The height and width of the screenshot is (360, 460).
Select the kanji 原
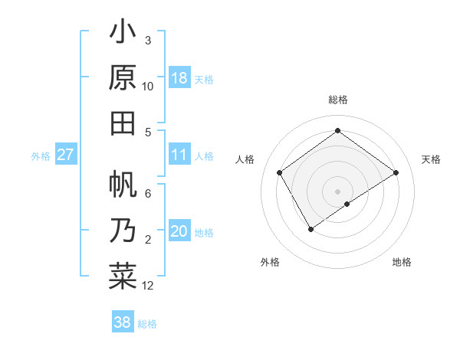pos(123,77)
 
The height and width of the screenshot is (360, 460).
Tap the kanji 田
pos(123,123)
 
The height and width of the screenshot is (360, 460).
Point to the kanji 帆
pos(123,185)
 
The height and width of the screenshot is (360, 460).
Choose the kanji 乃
pos(123,230)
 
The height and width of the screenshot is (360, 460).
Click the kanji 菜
pos(123,275)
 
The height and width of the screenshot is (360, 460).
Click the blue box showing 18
pos(179,78)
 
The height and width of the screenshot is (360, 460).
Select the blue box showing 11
pos(179,155)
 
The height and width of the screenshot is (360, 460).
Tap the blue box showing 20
pos(179,232)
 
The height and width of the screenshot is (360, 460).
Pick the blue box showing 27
pos(66,155)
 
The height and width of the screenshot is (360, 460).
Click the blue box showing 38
pos(122,322)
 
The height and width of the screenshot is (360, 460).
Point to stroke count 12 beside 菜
pos(148,286)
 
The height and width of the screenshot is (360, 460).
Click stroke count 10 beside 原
pos(148,87)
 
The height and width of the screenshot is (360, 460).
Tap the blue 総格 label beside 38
pos(147,324)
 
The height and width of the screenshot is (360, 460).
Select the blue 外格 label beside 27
pos(41,156)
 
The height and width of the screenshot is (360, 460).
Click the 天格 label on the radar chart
pos(431,159)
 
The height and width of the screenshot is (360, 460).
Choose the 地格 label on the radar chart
pos(402,263)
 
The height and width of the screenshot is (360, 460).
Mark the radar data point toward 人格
pos(280,172)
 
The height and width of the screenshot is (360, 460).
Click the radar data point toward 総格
pos(337,131)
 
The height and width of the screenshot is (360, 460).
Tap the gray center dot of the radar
pos(337,191)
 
